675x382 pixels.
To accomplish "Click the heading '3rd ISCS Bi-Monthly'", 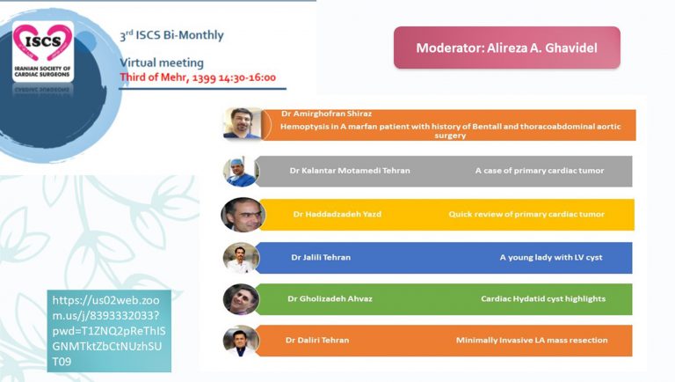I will point(171,36).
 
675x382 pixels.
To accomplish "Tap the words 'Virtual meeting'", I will point(162,62).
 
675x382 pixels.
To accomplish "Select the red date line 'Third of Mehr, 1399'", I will point(197,77).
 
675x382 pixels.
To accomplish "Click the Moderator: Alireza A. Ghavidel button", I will point(506,48).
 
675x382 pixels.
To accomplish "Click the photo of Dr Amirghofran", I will point(242,123).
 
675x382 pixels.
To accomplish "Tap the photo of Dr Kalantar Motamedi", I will point(241,171).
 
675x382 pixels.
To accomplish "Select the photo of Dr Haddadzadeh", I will point(243,214).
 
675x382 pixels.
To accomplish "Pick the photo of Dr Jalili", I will point(241,257).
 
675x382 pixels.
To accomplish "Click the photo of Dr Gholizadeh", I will point(241,299).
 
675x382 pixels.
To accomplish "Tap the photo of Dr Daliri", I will point(241,341).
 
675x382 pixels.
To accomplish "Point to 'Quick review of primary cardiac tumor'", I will point(527,214).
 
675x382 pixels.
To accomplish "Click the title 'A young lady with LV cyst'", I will point(551,257).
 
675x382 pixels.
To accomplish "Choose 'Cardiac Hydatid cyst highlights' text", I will point(542,298).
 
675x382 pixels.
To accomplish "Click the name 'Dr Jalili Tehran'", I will point(327,257).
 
